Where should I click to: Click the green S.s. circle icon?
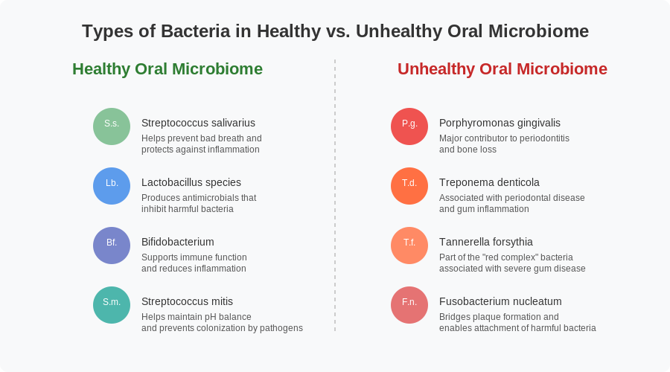click(112, 126)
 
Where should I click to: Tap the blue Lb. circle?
click(112, 186)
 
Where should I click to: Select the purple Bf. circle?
click(112, 246)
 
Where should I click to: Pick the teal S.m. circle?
click(112, 305)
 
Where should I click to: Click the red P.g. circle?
click(409, 126)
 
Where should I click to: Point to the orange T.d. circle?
click(409, 186)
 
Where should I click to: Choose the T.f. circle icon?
click(409, 246)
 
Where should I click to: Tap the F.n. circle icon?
click(409, 305)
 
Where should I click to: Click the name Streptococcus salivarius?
click(198, 123)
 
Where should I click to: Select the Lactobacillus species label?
click(191, 182)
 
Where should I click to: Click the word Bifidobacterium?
click(178, 242)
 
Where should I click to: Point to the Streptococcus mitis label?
click(187, 301)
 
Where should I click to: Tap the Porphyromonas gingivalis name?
click(500, 123)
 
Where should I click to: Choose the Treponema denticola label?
click(489, 182)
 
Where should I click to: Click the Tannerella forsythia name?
click(486, 242)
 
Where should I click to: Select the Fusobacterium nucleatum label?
click(500, 301)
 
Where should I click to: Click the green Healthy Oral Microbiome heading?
click(167, 69)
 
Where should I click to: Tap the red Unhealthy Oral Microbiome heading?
click(502, 69)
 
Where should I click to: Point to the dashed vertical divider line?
click(335, 195)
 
